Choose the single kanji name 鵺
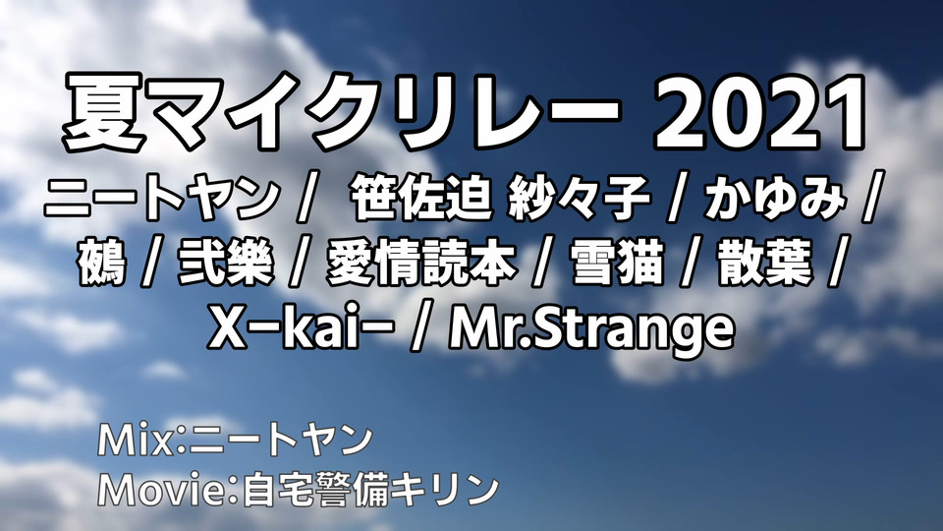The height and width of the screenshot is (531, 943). pyautogui.click(x=101, y=264)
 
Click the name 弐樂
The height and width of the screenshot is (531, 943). pyautogui.click(x=226, y=264)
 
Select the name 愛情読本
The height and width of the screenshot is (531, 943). pyautogui.click(x=421, y=264)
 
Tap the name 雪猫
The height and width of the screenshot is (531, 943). pyautogui.click(x=617, y=264)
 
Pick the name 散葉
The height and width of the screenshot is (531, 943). pyautogui.click(x=764, y=264)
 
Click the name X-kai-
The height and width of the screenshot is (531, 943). pyautogui.click(x=302, y=328)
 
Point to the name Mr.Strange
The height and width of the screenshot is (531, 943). pyautogui.click(x=591, y=330)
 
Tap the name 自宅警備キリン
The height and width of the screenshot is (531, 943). pyautogui.click(x=370, y=490)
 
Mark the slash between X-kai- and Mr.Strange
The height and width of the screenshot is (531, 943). pyautogui.click(x=422, y=329)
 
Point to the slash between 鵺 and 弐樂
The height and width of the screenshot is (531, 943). pyautogui.click(x=152, y=264)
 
